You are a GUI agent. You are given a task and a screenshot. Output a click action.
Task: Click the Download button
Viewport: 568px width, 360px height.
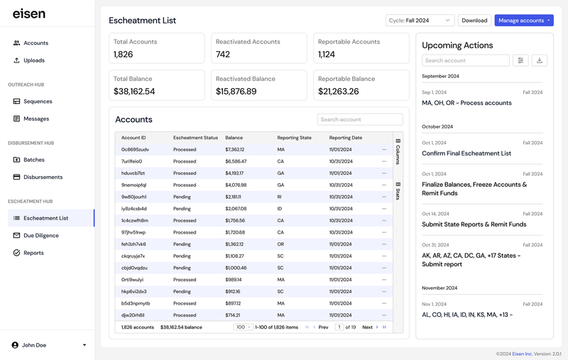pos(474,21)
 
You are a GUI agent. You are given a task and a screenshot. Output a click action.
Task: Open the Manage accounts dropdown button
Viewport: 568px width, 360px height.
pos(524,21)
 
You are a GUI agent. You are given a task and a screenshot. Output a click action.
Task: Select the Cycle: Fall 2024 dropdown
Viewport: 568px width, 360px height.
pos(420,21)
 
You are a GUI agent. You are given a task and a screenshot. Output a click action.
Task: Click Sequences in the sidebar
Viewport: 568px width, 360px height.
pos(38,102)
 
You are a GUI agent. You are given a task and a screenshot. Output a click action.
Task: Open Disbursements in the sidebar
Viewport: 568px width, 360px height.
pos(43,177)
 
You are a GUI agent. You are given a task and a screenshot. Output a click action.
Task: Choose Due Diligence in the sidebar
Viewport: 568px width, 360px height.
pos(40,236)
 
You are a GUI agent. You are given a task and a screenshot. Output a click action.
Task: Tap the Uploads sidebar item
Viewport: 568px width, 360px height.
pos(33,60)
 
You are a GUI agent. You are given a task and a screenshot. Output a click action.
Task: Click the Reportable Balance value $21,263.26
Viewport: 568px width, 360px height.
pos(339,92)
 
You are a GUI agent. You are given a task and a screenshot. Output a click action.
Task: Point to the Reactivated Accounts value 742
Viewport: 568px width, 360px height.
pos(223,55)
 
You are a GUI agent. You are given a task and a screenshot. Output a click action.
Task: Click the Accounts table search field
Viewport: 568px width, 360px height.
pos(360,120)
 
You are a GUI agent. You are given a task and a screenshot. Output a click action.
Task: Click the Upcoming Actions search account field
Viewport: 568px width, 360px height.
pos(465,61)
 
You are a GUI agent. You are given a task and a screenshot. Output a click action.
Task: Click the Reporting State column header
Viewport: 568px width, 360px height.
pos(294,138)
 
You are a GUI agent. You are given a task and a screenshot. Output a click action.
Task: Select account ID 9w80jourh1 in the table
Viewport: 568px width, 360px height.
pos(133,197)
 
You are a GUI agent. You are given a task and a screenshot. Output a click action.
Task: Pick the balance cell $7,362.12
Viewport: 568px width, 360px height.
pos(235,150)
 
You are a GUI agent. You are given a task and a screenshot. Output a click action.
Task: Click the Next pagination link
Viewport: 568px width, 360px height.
pos(367,327)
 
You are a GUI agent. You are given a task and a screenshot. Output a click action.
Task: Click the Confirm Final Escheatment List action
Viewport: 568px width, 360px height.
pos(466,153)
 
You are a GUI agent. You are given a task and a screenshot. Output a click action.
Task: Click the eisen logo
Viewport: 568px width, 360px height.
pos(28,13)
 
